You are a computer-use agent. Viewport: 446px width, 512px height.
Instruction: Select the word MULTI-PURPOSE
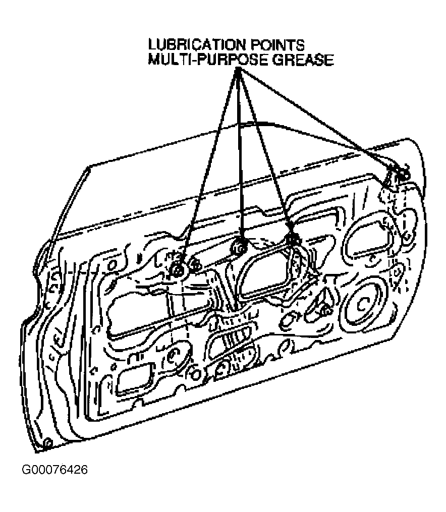[x=208, y=60]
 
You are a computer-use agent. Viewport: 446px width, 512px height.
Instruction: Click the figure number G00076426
[x=54, y=470]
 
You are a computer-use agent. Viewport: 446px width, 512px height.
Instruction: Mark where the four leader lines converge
[x=238, y=71]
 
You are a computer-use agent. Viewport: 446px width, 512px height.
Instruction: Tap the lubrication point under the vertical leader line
[x=240, y=248]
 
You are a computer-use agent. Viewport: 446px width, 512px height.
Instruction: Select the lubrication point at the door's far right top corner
[x=402, y=174]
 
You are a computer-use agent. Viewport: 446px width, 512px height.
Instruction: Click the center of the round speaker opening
[x=362, y=304]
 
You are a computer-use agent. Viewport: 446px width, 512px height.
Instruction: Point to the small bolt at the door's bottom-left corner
[x=47, y=443]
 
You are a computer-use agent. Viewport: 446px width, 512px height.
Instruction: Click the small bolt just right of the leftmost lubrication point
[x=195, y=265]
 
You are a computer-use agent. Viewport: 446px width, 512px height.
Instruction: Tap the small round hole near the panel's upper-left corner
[x=113, y=264]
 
